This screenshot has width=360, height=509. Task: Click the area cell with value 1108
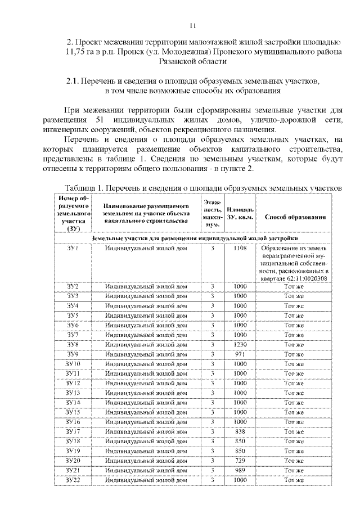pos(240,247)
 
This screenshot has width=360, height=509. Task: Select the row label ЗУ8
pos(73,344)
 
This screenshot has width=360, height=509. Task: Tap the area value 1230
pos(240,344)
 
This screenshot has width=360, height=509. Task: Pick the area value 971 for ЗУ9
pos(240,354)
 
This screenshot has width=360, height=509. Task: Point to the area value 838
pos(240,431)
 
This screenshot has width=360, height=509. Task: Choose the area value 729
pos(240,460)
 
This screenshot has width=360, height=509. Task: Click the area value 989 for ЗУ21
pos(240,470)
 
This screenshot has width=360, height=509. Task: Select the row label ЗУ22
pos(73,480)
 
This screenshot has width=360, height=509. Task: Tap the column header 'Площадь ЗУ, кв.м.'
pos(240,214)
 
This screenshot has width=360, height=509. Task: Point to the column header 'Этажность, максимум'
pos(213,214)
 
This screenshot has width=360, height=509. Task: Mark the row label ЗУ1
pos(73,247)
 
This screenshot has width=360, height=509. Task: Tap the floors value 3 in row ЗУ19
pos(213,451)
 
